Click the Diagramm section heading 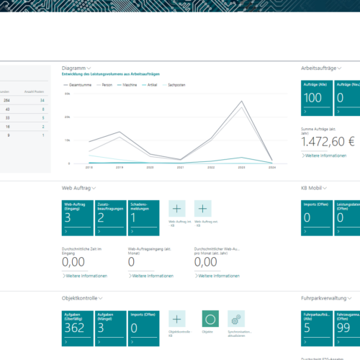(x=76, y=68)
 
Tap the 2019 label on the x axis (x=119, y=166)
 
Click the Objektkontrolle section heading (x=81, y=297)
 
